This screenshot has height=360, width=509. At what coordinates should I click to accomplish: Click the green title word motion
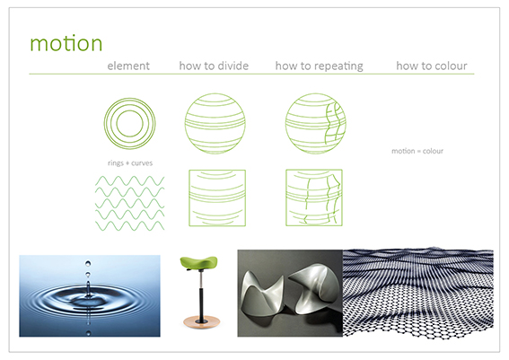[66, 43]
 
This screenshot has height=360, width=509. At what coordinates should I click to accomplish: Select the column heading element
[128, 66]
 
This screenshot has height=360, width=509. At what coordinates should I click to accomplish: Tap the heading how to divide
[214, 66]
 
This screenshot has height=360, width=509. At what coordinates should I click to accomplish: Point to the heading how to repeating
[320, 66]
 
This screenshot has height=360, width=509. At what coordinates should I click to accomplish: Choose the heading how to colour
[432, 66]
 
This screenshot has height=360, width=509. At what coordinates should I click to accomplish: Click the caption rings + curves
[130, 163]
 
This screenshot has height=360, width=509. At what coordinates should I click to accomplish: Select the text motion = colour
[417, 151]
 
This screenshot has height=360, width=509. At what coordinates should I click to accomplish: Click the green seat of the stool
[198, 262]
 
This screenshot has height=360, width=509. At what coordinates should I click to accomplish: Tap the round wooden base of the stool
[202, 321]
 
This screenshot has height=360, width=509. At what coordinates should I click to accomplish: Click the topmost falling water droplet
[88, 263]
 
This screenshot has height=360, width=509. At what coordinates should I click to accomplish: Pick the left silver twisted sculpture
[261, 294]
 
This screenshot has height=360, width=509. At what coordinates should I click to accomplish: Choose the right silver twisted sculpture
[314, 289]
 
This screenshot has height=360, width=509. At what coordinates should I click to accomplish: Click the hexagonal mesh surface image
[418, 293]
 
